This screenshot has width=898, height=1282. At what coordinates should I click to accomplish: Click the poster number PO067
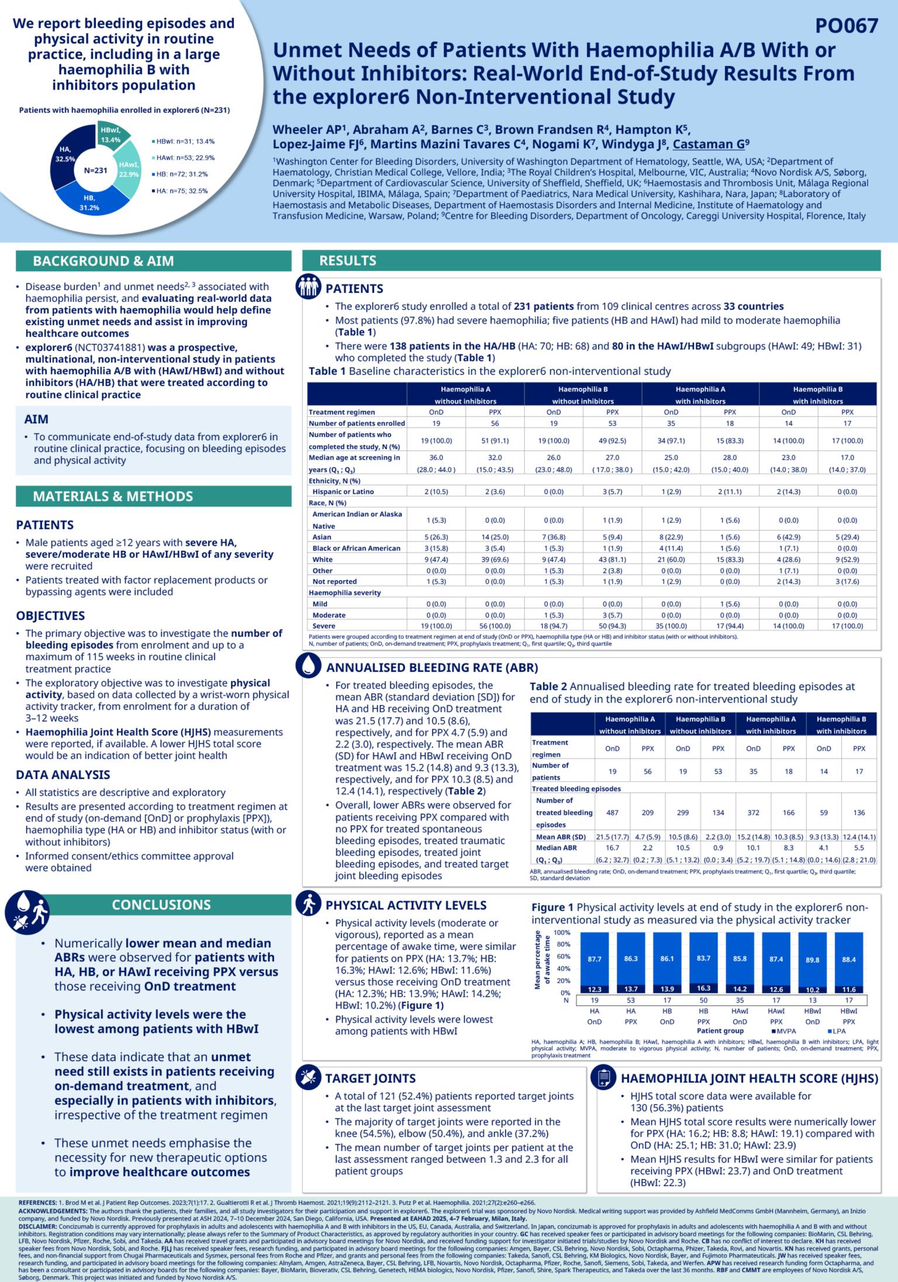(x=847, y=26)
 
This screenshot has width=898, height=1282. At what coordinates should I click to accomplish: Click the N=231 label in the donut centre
(x=95, y=171)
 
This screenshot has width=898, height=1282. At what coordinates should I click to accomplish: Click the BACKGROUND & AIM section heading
(x=103, y=261)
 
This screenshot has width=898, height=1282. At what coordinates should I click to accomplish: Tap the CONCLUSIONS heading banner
(x=161, y=905)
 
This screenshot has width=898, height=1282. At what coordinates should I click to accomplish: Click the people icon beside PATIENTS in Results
(x=308, y=287)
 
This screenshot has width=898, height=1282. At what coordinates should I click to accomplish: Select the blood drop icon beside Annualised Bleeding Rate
(x=308, y=666)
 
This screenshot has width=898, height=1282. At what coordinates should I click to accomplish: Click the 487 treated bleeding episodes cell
(x=612, y=812)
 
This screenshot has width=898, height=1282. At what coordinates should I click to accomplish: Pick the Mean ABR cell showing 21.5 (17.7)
(x=612, y=837)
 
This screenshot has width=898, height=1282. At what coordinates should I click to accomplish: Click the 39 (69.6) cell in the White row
(x=495, y=559)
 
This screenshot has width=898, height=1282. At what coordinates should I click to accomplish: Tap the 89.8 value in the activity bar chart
(x=813, y=960)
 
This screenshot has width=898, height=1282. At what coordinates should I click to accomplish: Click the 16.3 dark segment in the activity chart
(x=703, y=988)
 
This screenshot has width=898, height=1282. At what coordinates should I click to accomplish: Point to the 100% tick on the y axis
(x=561, y=933)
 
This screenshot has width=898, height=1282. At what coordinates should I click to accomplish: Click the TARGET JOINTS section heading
(x=371, y=1078)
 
